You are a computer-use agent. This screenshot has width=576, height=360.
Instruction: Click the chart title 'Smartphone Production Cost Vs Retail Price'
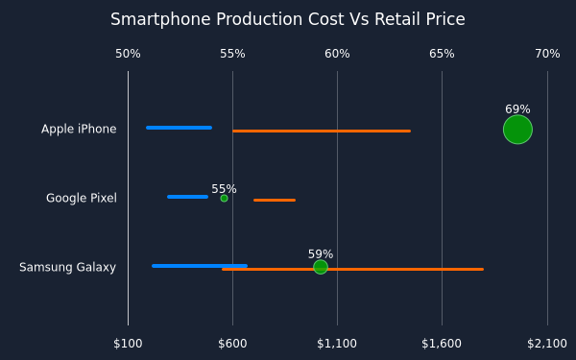tap(288, 19)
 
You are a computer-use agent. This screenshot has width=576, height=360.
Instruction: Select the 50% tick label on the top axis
tap(128, 54)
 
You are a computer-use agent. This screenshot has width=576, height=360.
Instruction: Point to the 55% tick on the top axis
tap(232, 54)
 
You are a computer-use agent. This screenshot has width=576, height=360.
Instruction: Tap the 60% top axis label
tap(337, 54)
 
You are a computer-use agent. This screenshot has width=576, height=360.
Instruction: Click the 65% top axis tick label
tap(442, 54)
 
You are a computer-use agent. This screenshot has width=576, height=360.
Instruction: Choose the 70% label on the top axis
tap(547, 54)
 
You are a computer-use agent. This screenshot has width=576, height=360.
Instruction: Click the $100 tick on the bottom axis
tap(128, 344)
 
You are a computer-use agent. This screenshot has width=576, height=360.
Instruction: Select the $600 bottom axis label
tap(232, 344)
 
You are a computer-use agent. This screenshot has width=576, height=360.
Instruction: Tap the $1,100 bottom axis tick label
tap(337, 344)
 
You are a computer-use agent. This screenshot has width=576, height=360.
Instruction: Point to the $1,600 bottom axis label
tap(442, 344)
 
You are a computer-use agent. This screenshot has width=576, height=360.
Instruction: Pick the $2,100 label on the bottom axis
tap(547, 344)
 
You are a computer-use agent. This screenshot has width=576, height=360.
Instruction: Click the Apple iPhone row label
tap(79, 129)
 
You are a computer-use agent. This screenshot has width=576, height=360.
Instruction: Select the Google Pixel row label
tap(82, 198)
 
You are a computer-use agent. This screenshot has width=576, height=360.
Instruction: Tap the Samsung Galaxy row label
tap(67, 267)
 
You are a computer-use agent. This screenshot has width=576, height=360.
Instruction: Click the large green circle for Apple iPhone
tap(517, 130)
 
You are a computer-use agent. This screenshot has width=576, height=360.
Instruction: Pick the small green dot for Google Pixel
tap(224, 199)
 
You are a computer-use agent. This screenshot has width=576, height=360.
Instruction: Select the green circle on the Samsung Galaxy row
tap(321, 267)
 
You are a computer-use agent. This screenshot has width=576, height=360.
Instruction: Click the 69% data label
tap(517, 109)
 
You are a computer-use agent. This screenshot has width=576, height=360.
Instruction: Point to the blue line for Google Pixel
tap(188, 197)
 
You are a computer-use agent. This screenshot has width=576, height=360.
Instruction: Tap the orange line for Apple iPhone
tap(322, 131)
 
